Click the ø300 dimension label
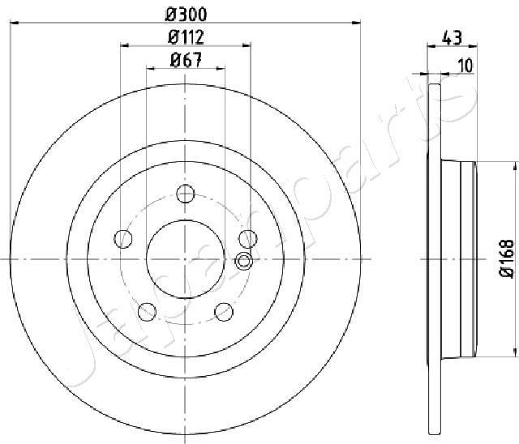tap(185, 13)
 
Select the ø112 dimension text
tap(185, 36)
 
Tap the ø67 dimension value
tap(186, 59)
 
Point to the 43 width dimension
tap(453, 36)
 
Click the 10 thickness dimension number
tap(465, 67)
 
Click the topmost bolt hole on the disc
tap(186, 194)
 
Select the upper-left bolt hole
tap(123, 238)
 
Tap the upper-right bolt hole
tap(248, 238)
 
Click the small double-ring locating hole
tap(242, 260)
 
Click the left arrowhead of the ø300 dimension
tap(14, 23)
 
